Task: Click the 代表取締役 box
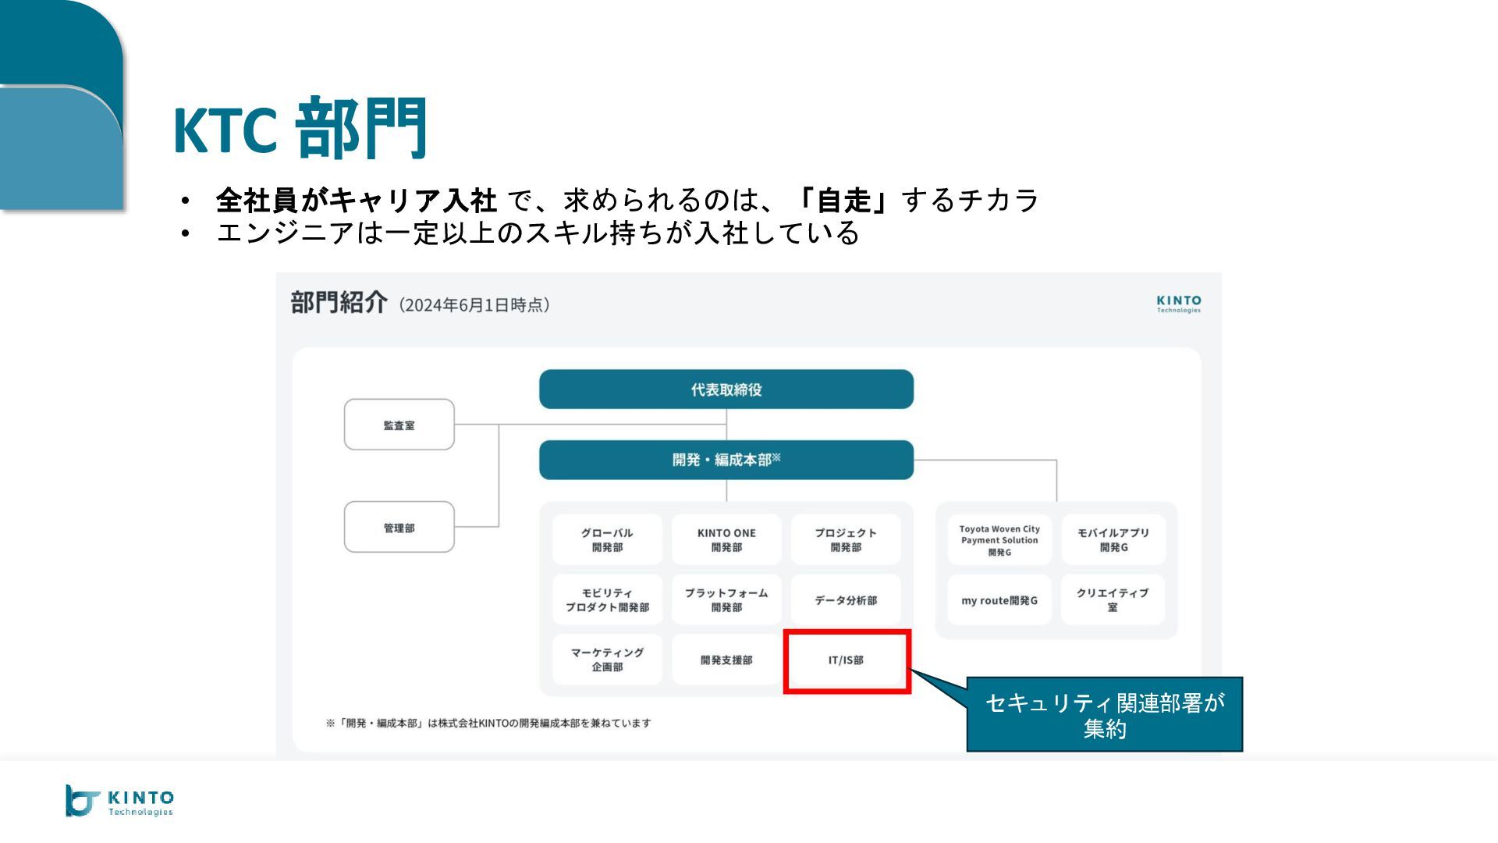(x=726, y=389)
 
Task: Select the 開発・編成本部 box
(x=726, y=460)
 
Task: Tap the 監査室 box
(x=399, y=425)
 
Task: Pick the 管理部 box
(x=399, y=528)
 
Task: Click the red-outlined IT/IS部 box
(x=847, y=660)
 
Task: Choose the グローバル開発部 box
(x=607, y=539)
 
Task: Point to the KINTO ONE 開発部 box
(x=726, y=539)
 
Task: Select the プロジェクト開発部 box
(x=846, y=539)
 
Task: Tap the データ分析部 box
(x=846, y=600)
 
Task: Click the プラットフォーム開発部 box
(x=726, y=600)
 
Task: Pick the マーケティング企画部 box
(x=607, y=660)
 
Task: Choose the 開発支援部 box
(x=726, y=660)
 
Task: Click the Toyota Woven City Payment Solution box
(x=999, y=539)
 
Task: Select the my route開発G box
(x=999, y=600)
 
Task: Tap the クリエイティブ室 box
(x=1113, y=600)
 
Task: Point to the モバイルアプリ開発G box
(x=1113, y=539)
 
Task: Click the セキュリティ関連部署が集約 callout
(x=1104, y=715)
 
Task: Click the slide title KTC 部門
(x=300, y=129)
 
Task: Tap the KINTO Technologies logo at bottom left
(x=119, y=801)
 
